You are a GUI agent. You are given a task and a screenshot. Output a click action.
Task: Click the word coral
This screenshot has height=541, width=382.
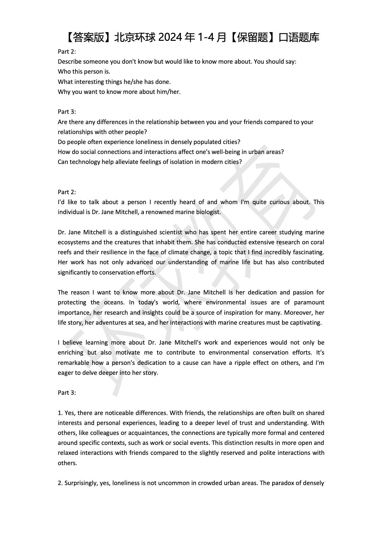(317, 242)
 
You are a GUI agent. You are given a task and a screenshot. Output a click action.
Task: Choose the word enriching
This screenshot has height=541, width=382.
(70, 353)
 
